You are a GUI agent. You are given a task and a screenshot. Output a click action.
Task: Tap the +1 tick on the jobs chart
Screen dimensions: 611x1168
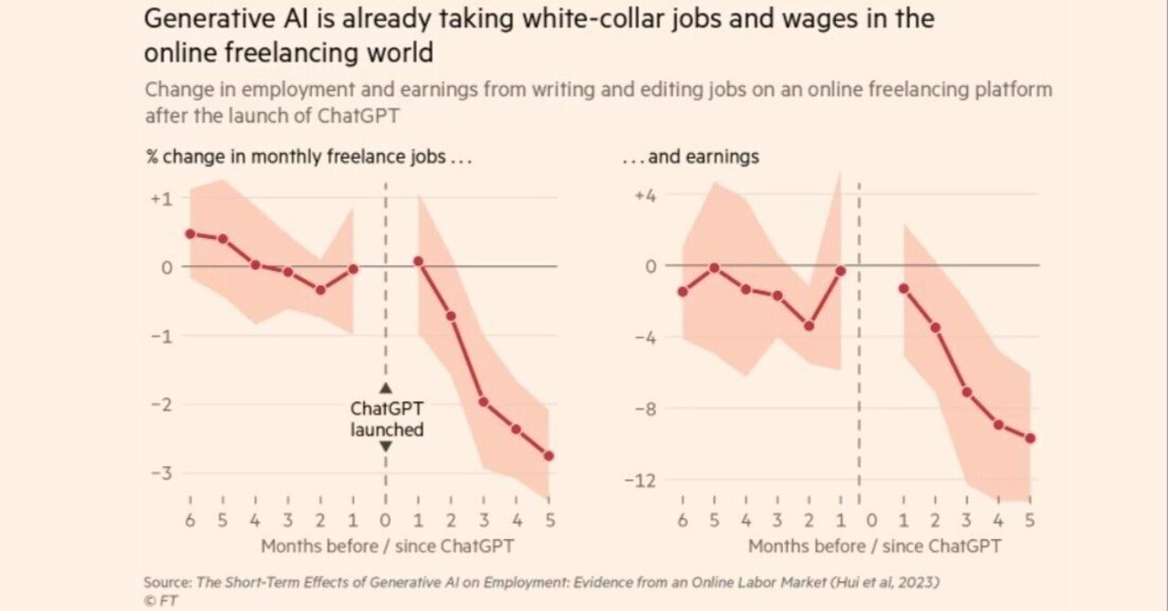click(x=162, y=197)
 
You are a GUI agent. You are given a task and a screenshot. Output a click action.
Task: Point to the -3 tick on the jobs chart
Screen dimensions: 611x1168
click(x=162, y=473)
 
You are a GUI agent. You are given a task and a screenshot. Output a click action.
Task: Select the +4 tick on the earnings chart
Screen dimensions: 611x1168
click(x=647, y=194)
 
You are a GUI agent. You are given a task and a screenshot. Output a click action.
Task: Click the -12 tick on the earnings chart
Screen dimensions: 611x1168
click(x=643, y=480)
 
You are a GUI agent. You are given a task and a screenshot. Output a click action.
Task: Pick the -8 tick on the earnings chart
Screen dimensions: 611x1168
click(x=647, y=409)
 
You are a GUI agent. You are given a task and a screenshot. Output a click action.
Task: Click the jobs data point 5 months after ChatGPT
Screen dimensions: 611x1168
click(x=548, y=456)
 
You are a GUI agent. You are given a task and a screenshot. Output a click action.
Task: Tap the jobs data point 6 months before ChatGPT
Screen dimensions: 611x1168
click(x=190, y=233)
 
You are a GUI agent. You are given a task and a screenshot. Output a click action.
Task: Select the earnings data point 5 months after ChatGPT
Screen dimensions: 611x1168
click(x=1030, y=438)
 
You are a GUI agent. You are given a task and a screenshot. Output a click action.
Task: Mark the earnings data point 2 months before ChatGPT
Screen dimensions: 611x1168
click(x=808, y=326)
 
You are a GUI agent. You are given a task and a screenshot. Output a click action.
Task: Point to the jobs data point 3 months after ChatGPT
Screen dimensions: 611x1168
click(x=484, y=402)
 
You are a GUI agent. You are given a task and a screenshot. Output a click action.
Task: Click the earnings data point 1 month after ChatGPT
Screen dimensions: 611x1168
click(x=903, y=288)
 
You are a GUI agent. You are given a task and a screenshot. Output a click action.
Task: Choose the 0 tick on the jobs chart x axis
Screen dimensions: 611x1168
click(x=385, y=521)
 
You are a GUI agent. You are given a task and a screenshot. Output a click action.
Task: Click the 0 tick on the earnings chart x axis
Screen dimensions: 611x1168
click(x=871, y=521)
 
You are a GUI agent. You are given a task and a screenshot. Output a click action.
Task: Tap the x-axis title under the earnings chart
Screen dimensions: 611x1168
click(x=874, y=546)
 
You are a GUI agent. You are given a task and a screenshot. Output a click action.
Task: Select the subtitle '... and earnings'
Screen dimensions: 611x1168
click(x=691, y=157)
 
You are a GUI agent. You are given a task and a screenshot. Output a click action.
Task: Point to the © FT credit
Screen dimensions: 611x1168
click(x=161, y=600)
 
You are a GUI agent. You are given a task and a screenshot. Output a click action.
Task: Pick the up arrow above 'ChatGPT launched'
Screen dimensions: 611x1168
click(x=385, y=388)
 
